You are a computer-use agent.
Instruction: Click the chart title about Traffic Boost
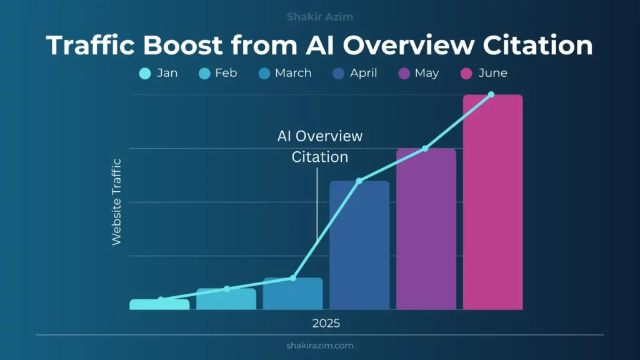pos(319,46)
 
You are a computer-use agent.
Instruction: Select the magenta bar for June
pos(492,206)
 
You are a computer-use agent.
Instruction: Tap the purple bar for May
pos(426,231)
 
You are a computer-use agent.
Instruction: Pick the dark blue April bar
pos(359,250)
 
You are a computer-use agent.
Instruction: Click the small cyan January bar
pos(159,305)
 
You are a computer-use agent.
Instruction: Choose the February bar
pos(226,300)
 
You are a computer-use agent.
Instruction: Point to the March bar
pos(292,295)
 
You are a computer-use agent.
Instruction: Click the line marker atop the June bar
pos(491,94)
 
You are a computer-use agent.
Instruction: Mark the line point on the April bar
pos(359,181)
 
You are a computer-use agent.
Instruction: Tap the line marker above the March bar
pos(292,277)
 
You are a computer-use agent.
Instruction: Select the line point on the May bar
pos(425,148)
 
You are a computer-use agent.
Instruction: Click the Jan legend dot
pos(145,74)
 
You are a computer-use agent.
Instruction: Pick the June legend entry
pos(485,73)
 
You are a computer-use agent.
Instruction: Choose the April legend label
pos(363,73)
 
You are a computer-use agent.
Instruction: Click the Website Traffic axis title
pos(116,201)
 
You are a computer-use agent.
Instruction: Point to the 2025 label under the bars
pos(326,323)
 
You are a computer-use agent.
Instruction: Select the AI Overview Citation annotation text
pos(319,146)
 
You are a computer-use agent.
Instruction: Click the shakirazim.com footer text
pos(319,345)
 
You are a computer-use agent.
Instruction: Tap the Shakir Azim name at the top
pos(319,17)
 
